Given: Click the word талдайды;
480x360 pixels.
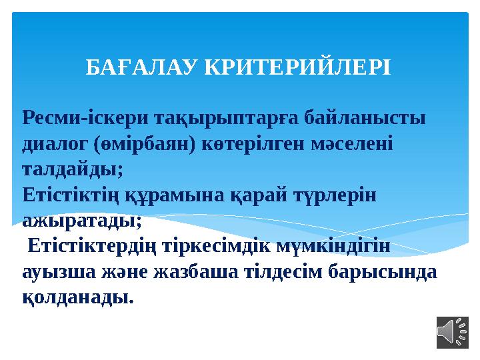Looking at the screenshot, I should pos(73,169).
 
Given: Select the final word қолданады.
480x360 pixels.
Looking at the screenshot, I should pos(77,297).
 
